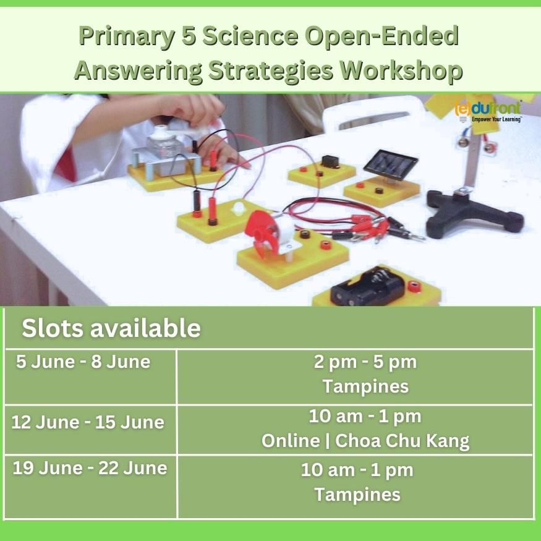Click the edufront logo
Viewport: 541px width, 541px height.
click(488, 111)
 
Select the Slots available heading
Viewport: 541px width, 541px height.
click(111, 328)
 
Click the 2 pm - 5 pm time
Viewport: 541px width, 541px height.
click(365, 362)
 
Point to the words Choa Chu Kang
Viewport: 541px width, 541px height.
click(403, 441)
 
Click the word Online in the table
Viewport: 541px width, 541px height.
click(291, 441)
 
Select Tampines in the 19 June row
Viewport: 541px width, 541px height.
click(357, 495)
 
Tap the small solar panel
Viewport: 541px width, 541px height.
click(390, 164)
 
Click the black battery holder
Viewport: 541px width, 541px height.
click(367, 286)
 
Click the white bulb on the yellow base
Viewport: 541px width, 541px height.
click(239, 208)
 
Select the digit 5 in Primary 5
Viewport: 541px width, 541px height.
click(189, 35)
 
